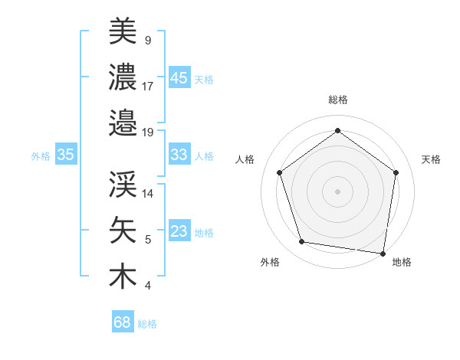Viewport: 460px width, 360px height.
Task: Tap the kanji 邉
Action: coord(123,122)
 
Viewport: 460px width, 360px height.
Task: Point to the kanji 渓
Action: coord(123,184)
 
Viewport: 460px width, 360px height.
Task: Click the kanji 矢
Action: coord(123,231)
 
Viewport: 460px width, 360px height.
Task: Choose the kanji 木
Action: coord(123,277)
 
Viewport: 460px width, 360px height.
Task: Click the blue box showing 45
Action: coord(179,78)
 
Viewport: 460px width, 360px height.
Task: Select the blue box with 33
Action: coord(179,155)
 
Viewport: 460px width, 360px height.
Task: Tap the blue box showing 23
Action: coord(179,231)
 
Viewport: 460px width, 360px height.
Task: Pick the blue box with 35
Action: coord(65,155)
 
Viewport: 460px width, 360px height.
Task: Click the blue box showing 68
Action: coord(122,322)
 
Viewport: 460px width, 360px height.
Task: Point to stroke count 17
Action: coord(148,86)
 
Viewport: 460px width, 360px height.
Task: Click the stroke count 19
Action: coord(148,132)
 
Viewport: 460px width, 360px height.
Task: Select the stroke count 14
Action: coord(148,193)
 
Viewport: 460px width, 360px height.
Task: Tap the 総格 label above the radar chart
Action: coord(337,100)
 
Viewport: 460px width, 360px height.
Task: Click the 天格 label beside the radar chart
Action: coord(431,159)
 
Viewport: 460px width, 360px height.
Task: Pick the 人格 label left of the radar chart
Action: coord(245,159)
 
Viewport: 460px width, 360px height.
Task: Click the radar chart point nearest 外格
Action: coord(302,242)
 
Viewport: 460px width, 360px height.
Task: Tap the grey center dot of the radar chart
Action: coord(337,191)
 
